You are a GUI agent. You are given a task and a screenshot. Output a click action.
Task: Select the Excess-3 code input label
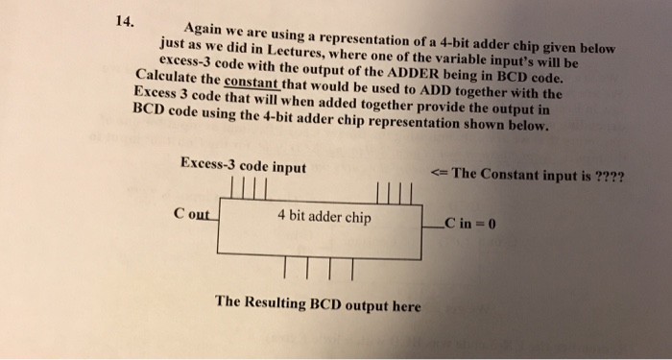(243, 166)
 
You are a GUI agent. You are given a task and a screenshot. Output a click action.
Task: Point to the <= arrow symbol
(440, 174)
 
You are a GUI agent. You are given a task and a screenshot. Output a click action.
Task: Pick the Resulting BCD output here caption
(318, 305)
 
